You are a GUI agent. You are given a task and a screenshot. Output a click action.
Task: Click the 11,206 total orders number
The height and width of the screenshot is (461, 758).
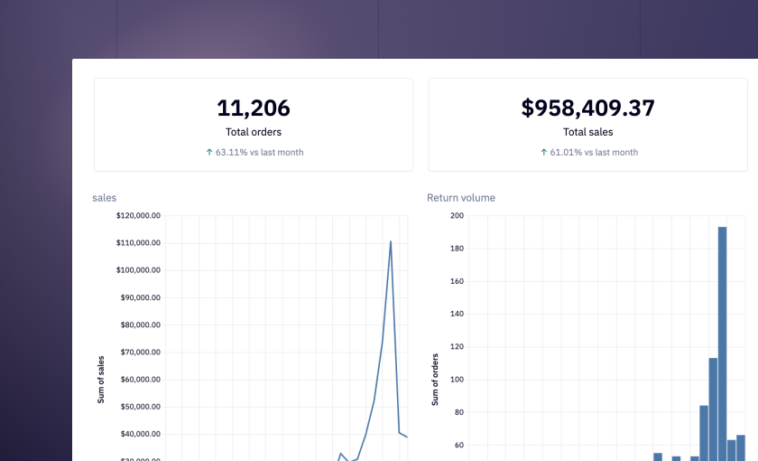point(254,108)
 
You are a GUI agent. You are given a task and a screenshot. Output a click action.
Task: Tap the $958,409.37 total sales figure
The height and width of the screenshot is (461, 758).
point(587,108)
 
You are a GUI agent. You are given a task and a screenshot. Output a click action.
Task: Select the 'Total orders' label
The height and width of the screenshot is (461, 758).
point(254,132)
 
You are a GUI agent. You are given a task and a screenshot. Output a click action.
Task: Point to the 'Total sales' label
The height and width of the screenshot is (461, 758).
point(587,132)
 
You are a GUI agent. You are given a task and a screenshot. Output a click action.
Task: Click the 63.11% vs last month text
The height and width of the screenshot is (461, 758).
point(259,152)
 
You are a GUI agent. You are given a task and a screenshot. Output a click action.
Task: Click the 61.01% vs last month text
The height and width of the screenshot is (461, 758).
point(594,152)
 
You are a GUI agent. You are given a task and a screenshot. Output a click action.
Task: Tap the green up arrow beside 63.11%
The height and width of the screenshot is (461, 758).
point(209,152)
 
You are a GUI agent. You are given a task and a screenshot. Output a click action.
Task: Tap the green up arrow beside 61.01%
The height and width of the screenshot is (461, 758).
point(544,152)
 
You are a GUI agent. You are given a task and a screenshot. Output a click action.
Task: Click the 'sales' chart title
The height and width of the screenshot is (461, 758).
point(105,198)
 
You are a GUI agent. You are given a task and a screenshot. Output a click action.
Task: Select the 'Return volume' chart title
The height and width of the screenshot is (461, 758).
point(460,198)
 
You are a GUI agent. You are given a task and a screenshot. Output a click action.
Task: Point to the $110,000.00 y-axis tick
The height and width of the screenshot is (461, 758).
point(138,243)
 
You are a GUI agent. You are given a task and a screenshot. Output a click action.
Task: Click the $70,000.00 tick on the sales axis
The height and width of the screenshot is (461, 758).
point(138,353)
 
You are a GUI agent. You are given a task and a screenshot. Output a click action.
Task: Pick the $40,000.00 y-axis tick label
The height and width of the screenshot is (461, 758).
point(138,434)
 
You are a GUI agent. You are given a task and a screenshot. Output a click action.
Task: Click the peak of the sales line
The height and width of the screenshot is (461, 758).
point(391,241)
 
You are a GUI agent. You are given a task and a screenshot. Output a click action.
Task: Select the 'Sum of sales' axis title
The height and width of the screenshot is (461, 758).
point(101,379)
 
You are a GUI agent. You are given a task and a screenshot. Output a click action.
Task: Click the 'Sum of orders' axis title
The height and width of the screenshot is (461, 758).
point(435,379)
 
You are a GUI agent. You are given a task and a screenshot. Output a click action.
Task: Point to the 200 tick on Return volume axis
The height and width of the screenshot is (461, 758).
point(457,216)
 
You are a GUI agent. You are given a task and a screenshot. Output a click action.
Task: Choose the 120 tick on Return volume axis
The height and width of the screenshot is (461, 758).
point(457,347)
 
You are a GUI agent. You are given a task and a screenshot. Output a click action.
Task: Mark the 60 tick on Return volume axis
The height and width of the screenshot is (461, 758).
point(458,445)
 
